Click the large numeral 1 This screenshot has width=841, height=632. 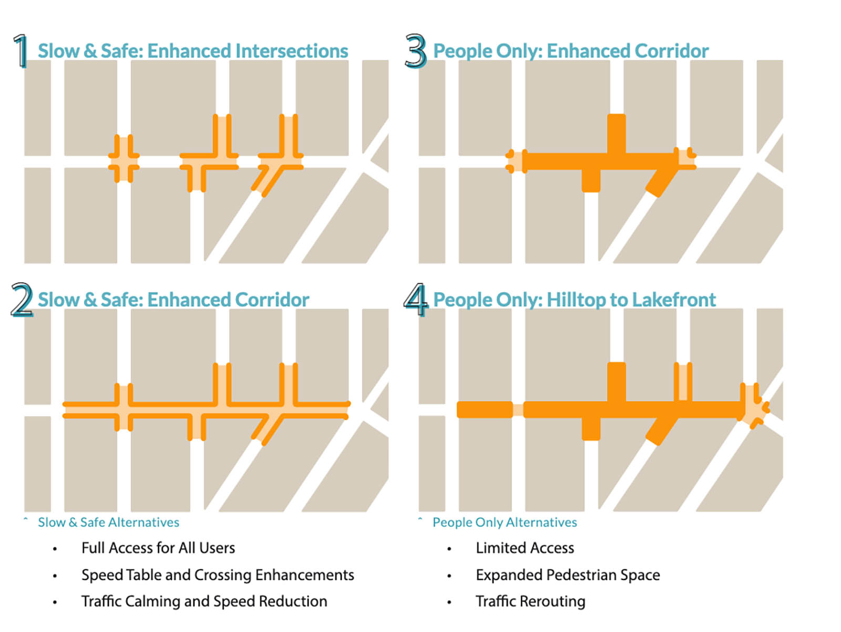[x=20, y=51]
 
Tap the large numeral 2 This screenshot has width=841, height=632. [x=22, y=300]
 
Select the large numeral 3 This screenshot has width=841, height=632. [x=415, y=51]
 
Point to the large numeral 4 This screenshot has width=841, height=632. [x=416, y=300]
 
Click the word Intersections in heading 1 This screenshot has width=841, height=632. [x=292, y=51]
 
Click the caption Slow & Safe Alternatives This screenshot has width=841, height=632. [x=108, y=522]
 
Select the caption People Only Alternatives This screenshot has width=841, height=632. [x=505, y=522]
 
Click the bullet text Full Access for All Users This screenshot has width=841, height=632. [x=158, y=548]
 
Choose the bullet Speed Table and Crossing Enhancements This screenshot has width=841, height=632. [x=218, y=575]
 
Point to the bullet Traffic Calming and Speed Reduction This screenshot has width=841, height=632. [x=204, y=601]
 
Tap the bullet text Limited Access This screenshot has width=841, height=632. [x=525, y=548]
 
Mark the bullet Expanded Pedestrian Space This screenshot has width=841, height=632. [x=568, y=575]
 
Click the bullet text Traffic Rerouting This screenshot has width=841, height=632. [x=530, y=601]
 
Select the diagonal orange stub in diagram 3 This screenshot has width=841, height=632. [x=660, y=181]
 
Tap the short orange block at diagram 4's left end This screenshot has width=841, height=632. [x=485, y=410]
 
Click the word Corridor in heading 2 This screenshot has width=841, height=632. [x=272, y=300]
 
